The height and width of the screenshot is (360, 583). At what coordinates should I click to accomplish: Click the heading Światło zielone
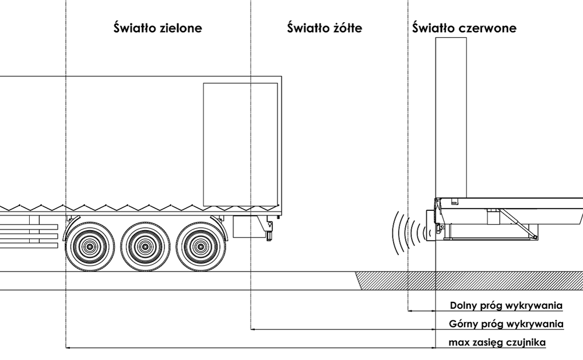pos(157,28)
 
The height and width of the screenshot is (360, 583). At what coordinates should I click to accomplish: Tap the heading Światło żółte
pos(325,28)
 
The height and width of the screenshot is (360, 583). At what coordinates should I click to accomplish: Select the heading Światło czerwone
pos(464,28)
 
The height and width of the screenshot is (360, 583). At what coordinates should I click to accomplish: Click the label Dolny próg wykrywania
pos(506,305)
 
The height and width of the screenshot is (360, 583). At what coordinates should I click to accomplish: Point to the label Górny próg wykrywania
pos(506,324)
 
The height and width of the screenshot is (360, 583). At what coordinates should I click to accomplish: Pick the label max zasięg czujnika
pos(497,343)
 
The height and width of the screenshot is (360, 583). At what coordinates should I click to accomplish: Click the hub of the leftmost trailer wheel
pos(90,246)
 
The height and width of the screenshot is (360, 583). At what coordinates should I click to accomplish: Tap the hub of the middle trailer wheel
pos(145,246)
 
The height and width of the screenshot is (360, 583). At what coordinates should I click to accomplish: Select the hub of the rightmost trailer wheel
pos(200,246)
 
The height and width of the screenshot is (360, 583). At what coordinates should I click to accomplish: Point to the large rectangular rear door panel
pos(240,144)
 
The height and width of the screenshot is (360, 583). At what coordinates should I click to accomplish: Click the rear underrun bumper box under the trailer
pos(248,227)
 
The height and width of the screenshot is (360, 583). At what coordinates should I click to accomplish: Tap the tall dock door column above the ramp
pos(451,117)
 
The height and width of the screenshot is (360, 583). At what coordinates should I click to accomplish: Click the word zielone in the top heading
pos(180,28)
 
